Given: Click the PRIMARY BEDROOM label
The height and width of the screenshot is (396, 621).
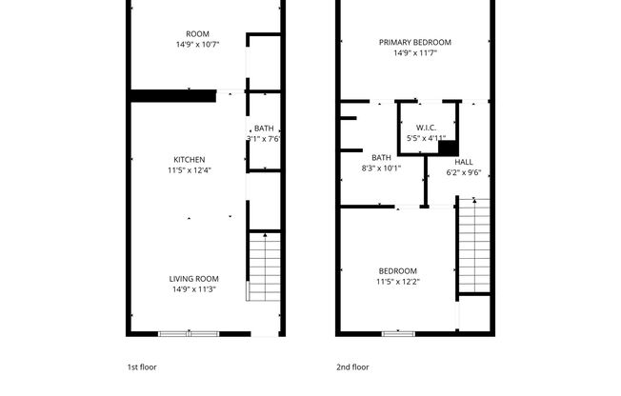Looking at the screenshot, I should tap(414, 42).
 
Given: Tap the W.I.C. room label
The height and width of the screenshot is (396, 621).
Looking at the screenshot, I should tap(426, 127).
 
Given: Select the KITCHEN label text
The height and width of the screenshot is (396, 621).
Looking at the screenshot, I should tap(189, 159).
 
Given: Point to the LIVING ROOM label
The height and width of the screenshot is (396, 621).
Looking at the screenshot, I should tap(194, 279).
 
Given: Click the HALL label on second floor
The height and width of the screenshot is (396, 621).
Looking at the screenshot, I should tap(464, 162).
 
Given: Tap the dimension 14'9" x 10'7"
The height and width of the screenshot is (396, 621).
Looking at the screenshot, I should tap(197, 44).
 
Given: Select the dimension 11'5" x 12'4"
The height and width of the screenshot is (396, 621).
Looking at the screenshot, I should tap(189, 170).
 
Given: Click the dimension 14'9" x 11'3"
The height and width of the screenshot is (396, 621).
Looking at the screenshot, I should tap(194, 289).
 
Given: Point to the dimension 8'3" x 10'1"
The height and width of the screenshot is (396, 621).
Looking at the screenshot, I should tap(381, 168).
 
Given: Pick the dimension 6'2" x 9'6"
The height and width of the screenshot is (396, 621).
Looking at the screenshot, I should tap(464, 172).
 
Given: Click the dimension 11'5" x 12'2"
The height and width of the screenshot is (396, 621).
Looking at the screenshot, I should tap(397, 282).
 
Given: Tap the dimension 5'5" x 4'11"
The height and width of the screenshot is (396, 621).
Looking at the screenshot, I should tap(426, 138).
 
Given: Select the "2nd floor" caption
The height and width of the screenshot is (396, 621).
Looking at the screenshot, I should tap(351, 366).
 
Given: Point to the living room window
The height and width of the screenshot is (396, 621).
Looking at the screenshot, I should tap(189, 333).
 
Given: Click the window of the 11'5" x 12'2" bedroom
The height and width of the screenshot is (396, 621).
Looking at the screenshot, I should tap(397, 333).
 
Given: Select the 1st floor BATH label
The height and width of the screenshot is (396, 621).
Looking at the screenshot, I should tap(264, 129).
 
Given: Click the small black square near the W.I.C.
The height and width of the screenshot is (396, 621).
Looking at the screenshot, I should tap(448, 149).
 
